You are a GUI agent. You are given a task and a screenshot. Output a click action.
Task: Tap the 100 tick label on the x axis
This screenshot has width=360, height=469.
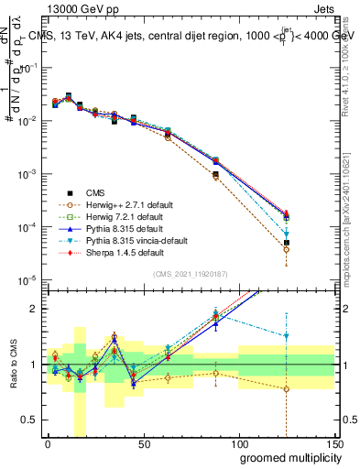pos(238,443)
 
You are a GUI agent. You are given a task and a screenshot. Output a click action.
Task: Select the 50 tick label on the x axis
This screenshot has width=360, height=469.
pos(143,443)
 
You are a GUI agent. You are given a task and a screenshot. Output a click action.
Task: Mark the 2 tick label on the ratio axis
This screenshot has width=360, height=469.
pos(33,309)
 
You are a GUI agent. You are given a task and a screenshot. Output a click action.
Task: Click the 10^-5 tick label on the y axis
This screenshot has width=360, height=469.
pos(25,279)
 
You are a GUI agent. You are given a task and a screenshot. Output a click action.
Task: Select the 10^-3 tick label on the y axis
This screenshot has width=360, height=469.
pos(25,173)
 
